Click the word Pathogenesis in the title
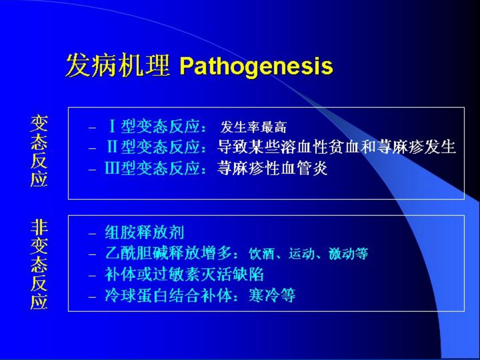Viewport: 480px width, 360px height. point(256,66)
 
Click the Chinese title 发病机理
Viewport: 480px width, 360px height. point(118,65)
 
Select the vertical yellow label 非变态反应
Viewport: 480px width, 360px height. point(39,264)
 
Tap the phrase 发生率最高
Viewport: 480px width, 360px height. point(253,127)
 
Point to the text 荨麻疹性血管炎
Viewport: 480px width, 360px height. point(272,168)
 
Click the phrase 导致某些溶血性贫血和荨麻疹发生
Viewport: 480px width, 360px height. point(336,147)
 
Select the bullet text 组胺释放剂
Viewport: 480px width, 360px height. point(144,232)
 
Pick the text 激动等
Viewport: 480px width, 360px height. point(348,254)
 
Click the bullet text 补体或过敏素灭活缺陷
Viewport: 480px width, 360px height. point(184,274)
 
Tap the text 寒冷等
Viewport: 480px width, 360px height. point(272,295)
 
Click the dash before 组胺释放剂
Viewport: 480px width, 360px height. point(92,234)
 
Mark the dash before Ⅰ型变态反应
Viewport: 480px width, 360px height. point(92,127)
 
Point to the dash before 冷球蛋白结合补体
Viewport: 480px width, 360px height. point(92,297)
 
